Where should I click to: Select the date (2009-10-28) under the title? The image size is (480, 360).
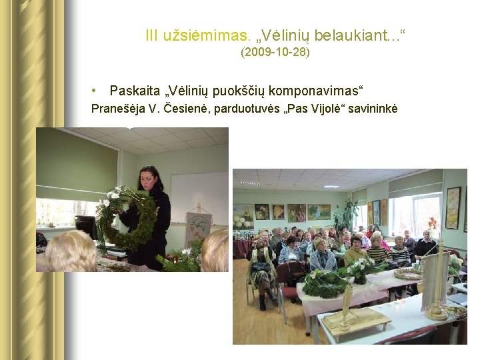pos(275,51)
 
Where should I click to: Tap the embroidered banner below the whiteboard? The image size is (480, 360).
pos(198,227)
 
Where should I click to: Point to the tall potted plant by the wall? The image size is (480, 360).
pos(347,213)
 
